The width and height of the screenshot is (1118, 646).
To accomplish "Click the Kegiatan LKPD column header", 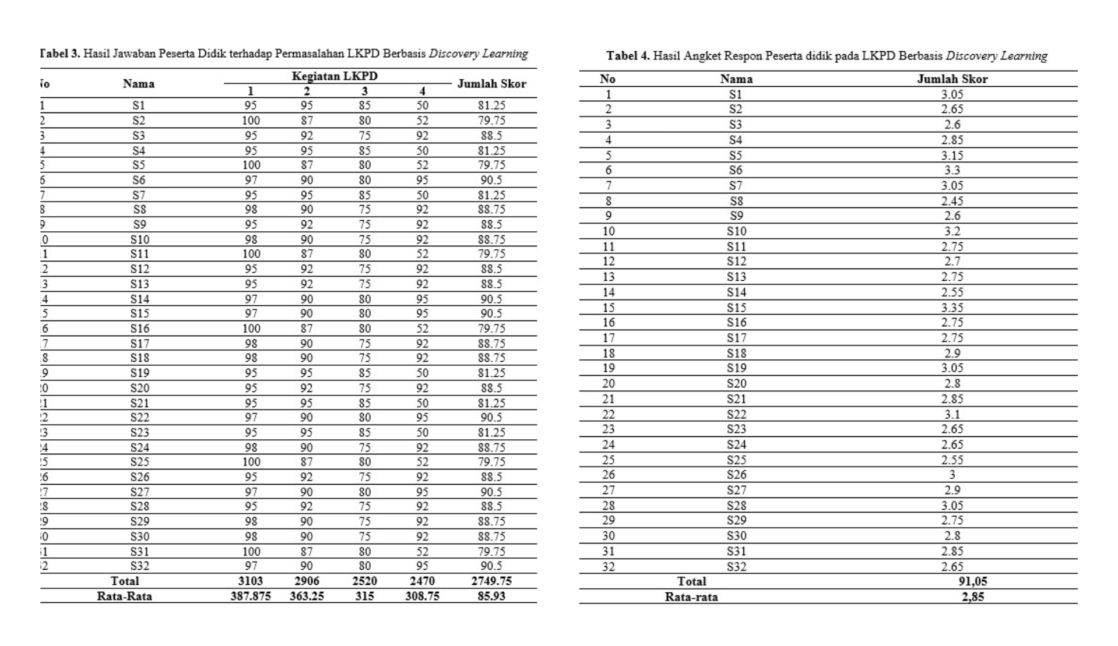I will tap(335, 76).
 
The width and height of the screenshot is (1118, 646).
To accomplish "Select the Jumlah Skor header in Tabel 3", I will tap(491, 84).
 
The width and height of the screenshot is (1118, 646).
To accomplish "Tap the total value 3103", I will tap(250, 581).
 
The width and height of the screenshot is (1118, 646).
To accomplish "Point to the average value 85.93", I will tap(491, 596).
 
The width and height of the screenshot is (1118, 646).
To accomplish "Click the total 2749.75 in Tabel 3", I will tap(491, 581).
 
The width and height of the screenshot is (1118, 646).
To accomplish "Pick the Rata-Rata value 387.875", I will tap(250, 596).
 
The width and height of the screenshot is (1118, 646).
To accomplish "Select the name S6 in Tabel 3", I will tap(139, 180).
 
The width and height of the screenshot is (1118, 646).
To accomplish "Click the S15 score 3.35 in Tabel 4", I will tap(952, 308).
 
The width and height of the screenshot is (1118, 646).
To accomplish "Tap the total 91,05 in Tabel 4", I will tap(972, 581).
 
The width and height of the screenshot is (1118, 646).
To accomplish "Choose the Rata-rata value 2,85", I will tap(972, 596).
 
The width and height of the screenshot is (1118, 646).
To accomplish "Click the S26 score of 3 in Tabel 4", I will tap(952, 475).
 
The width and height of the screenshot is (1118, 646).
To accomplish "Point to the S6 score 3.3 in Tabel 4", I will tap(952, 171).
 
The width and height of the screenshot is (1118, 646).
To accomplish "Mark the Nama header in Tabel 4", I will tap(736, 79).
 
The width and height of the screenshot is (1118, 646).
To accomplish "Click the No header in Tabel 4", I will tap(607, 79).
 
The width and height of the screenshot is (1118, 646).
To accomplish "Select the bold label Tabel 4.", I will tap(627, 56).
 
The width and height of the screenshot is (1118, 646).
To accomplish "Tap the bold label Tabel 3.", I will tap(59, 54).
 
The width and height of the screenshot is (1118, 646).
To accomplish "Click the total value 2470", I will tap(422, 581).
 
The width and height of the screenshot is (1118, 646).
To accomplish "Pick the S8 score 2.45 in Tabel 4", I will tap(952, 201).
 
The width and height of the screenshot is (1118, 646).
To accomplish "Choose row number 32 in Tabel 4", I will tap(608, 566).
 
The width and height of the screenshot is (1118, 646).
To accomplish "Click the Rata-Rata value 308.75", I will tap(422, 596).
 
